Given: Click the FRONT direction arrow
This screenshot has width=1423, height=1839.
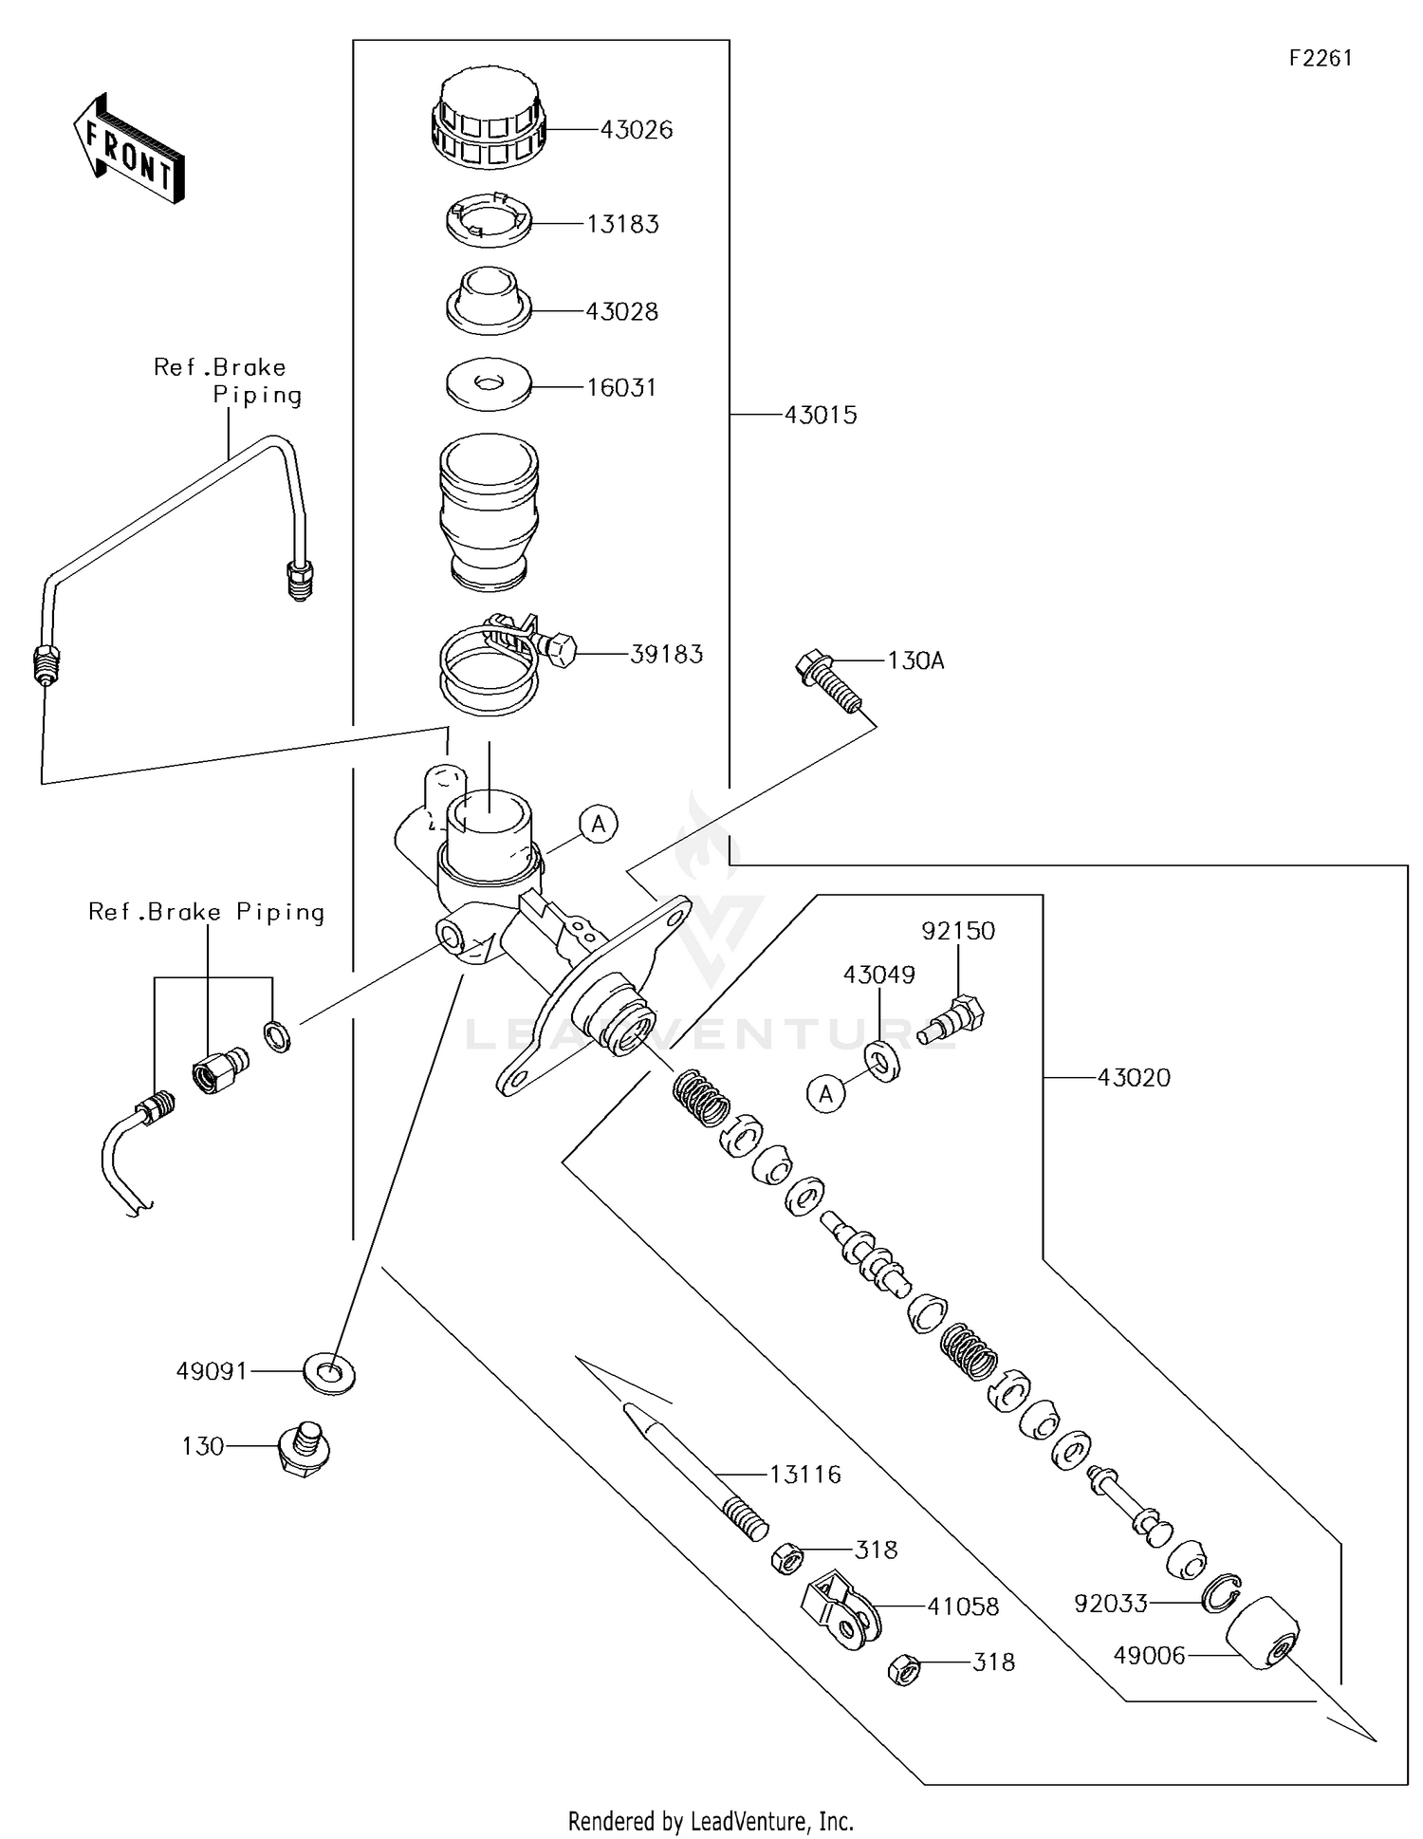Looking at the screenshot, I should point(128,148).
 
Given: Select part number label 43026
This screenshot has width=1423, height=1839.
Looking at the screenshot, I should point(636,130).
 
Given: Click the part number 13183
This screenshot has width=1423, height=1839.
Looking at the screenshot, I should point(622,225).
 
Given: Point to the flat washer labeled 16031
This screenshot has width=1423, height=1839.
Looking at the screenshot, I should point(489,385).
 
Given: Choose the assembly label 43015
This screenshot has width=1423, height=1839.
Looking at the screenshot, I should point(820,416).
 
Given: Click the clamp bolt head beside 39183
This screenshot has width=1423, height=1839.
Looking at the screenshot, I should point(560,647).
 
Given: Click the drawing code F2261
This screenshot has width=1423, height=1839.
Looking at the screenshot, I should point(1320,58).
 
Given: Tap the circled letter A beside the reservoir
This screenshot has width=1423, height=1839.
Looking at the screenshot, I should point(599,824).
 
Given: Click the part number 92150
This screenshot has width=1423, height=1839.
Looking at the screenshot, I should point(958,931).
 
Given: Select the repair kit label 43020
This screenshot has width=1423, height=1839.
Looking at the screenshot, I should point(1134,1078).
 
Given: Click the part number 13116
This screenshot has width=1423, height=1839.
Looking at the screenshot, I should point(804,1475).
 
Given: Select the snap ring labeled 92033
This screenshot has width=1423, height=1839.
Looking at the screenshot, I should point(1221,1594).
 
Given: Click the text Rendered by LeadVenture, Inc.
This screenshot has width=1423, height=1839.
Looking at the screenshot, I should point(711,1821).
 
